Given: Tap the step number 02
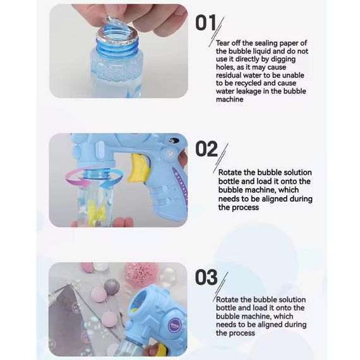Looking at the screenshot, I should coord(206,149).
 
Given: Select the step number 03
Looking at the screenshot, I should coord(206,277).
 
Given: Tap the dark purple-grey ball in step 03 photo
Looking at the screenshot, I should coord(112,287).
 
